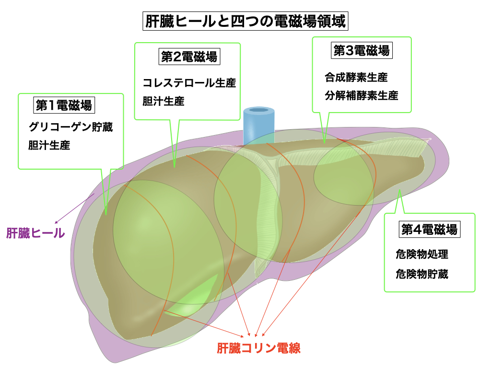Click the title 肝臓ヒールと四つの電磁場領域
click(245, 22)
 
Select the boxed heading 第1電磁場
click(63, 104)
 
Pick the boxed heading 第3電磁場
click(362, 50)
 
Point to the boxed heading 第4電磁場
click(429, 230)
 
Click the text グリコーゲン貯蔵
click(70, 127)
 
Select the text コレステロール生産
click(189, 82)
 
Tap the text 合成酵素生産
click(356, 77)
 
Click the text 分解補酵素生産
click(361, 95)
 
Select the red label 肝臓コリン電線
click(258, 348)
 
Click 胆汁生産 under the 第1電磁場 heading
click(49, 146)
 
